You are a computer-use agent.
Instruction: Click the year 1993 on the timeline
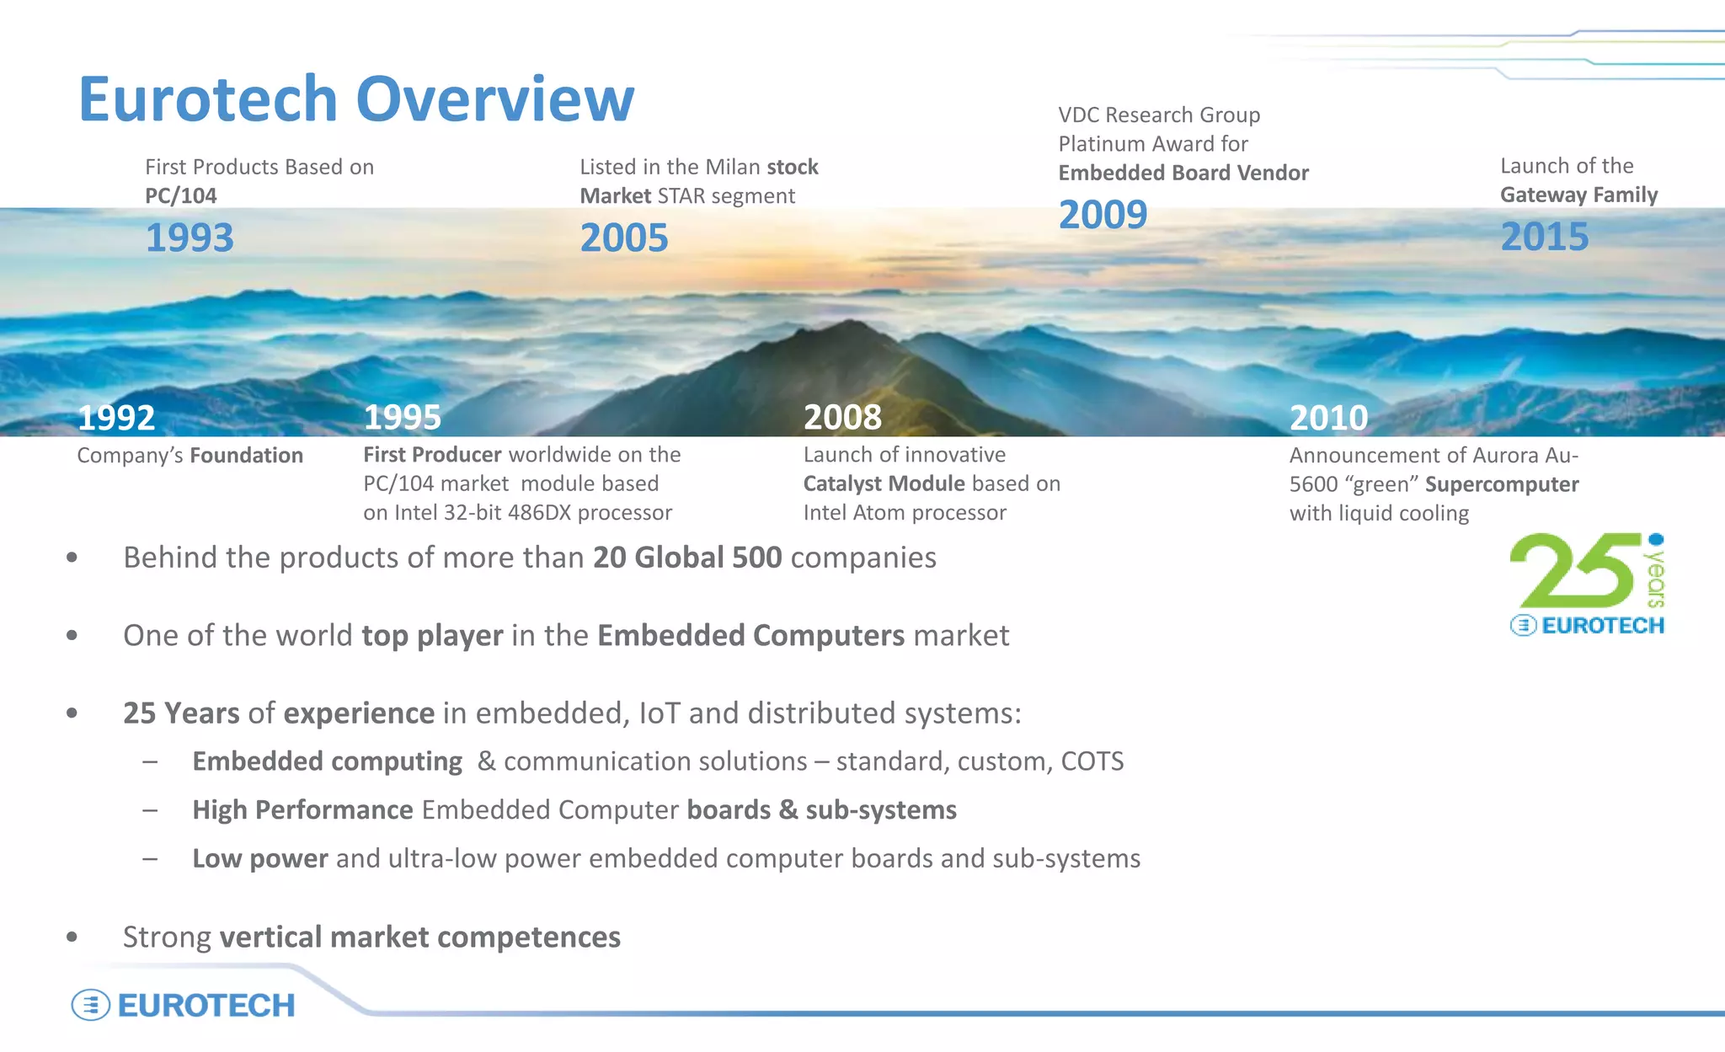pos(190,238)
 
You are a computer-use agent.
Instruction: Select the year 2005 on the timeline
pos(624,238)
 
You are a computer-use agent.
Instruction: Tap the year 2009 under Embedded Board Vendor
pos(1103,215)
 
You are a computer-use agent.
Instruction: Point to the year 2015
pos(1544,237)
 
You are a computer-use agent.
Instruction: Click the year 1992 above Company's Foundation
pos(116,418)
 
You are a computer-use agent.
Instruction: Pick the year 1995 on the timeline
pos(402,418)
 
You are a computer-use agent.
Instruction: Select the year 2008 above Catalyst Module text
pos(842,418)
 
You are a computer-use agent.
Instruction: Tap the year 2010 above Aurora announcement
pos(1328,418)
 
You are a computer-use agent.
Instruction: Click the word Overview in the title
pos(494,99)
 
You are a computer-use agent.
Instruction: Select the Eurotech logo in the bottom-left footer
pos(184,1005)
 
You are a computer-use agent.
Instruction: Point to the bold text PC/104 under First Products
pos(180,195)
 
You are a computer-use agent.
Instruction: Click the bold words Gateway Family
pos(1578,195)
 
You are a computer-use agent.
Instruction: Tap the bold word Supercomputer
pos(1502,484)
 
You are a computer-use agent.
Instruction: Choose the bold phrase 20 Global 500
pos(687,558)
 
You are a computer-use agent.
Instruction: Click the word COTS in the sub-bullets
pos(1092,761)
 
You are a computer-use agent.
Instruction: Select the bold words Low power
pos(259,858)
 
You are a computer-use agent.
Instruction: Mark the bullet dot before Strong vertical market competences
pos(72,937)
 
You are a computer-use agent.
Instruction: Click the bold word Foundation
pos(246,456)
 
